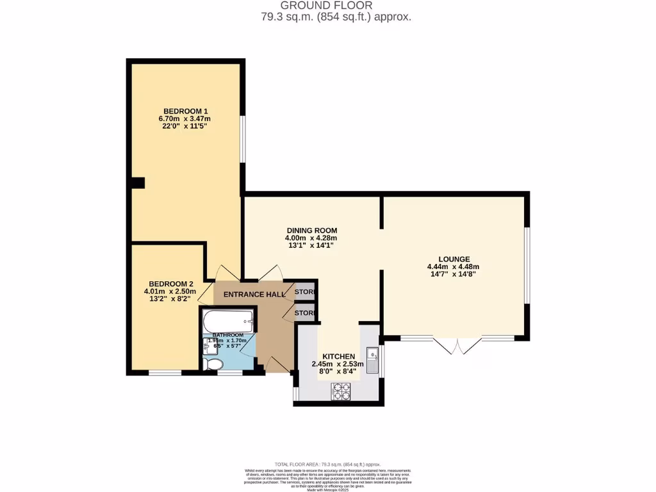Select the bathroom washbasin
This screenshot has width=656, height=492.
(x=207, y=348)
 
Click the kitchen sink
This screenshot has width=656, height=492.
(x=373, y=354)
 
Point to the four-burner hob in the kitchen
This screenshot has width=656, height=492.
(x=341, y=391)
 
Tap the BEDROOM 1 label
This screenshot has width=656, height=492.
(x=184, y=110)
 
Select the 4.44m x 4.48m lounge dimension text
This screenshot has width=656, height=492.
(x=453, y=267)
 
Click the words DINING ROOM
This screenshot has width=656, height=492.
(x=311, y=231)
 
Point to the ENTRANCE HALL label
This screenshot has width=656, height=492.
(x=249, y=294)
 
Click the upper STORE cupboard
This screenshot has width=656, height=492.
(x=304, y=292)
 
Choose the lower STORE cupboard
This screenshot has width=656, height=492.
(x=304, y=313)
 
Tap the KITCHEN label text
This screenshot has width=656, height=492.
(x=338, y=356)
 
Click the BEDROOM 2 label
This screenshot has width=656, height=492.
(x=170, y=284)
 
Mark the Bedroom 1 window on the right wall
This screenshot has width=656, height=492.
(x=242, y=138)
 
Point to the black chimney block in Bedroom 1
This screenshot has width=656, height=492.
(x=137, y=183)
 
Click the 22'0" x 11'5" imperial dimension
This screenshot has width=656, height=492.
(x=184, y=127)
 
